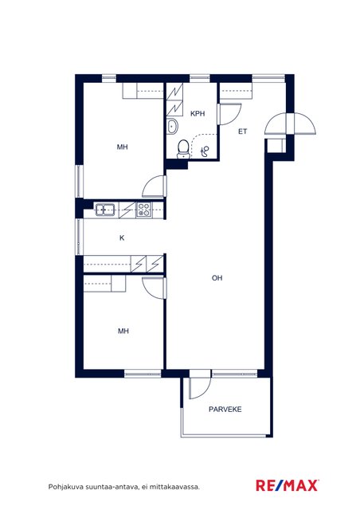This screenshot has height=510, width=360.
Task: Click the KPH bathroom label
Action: (x=198, y=113)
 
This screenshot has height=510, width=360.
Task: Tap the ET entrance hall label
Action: (x=243, y=131)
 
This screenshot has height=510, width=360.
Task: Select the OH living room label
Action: (x=217, y=278)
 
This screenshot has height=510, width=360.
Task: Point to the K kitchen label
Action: (x=122, y=237)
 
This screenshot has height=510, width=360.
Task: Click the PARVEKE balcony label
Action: (x=225, y=409)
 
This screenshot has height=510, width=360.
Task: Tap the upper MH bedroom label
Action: (x=123, y=147)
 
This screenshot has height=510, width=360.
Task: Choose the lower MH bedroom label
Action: (x=123, y=331)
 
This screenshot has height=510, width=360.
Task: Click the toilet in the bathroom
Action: (x=184, y=149)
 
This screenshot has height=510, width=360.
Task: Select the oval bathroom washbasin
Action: (x=172, y=126)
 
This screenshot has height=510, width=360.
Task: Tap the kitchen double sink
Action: (x=104, y=210)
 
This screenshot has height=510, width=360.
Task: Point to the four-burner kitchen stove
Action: (x=143, y=210)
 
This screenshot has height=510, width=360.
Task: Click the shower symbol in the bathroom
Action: (x=205, y=151)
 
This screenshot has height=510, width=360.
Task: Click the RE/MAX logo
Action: (x=288, y=485)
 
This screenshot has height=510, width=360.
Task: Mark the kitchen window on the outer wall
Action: (x=80, y=237)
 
